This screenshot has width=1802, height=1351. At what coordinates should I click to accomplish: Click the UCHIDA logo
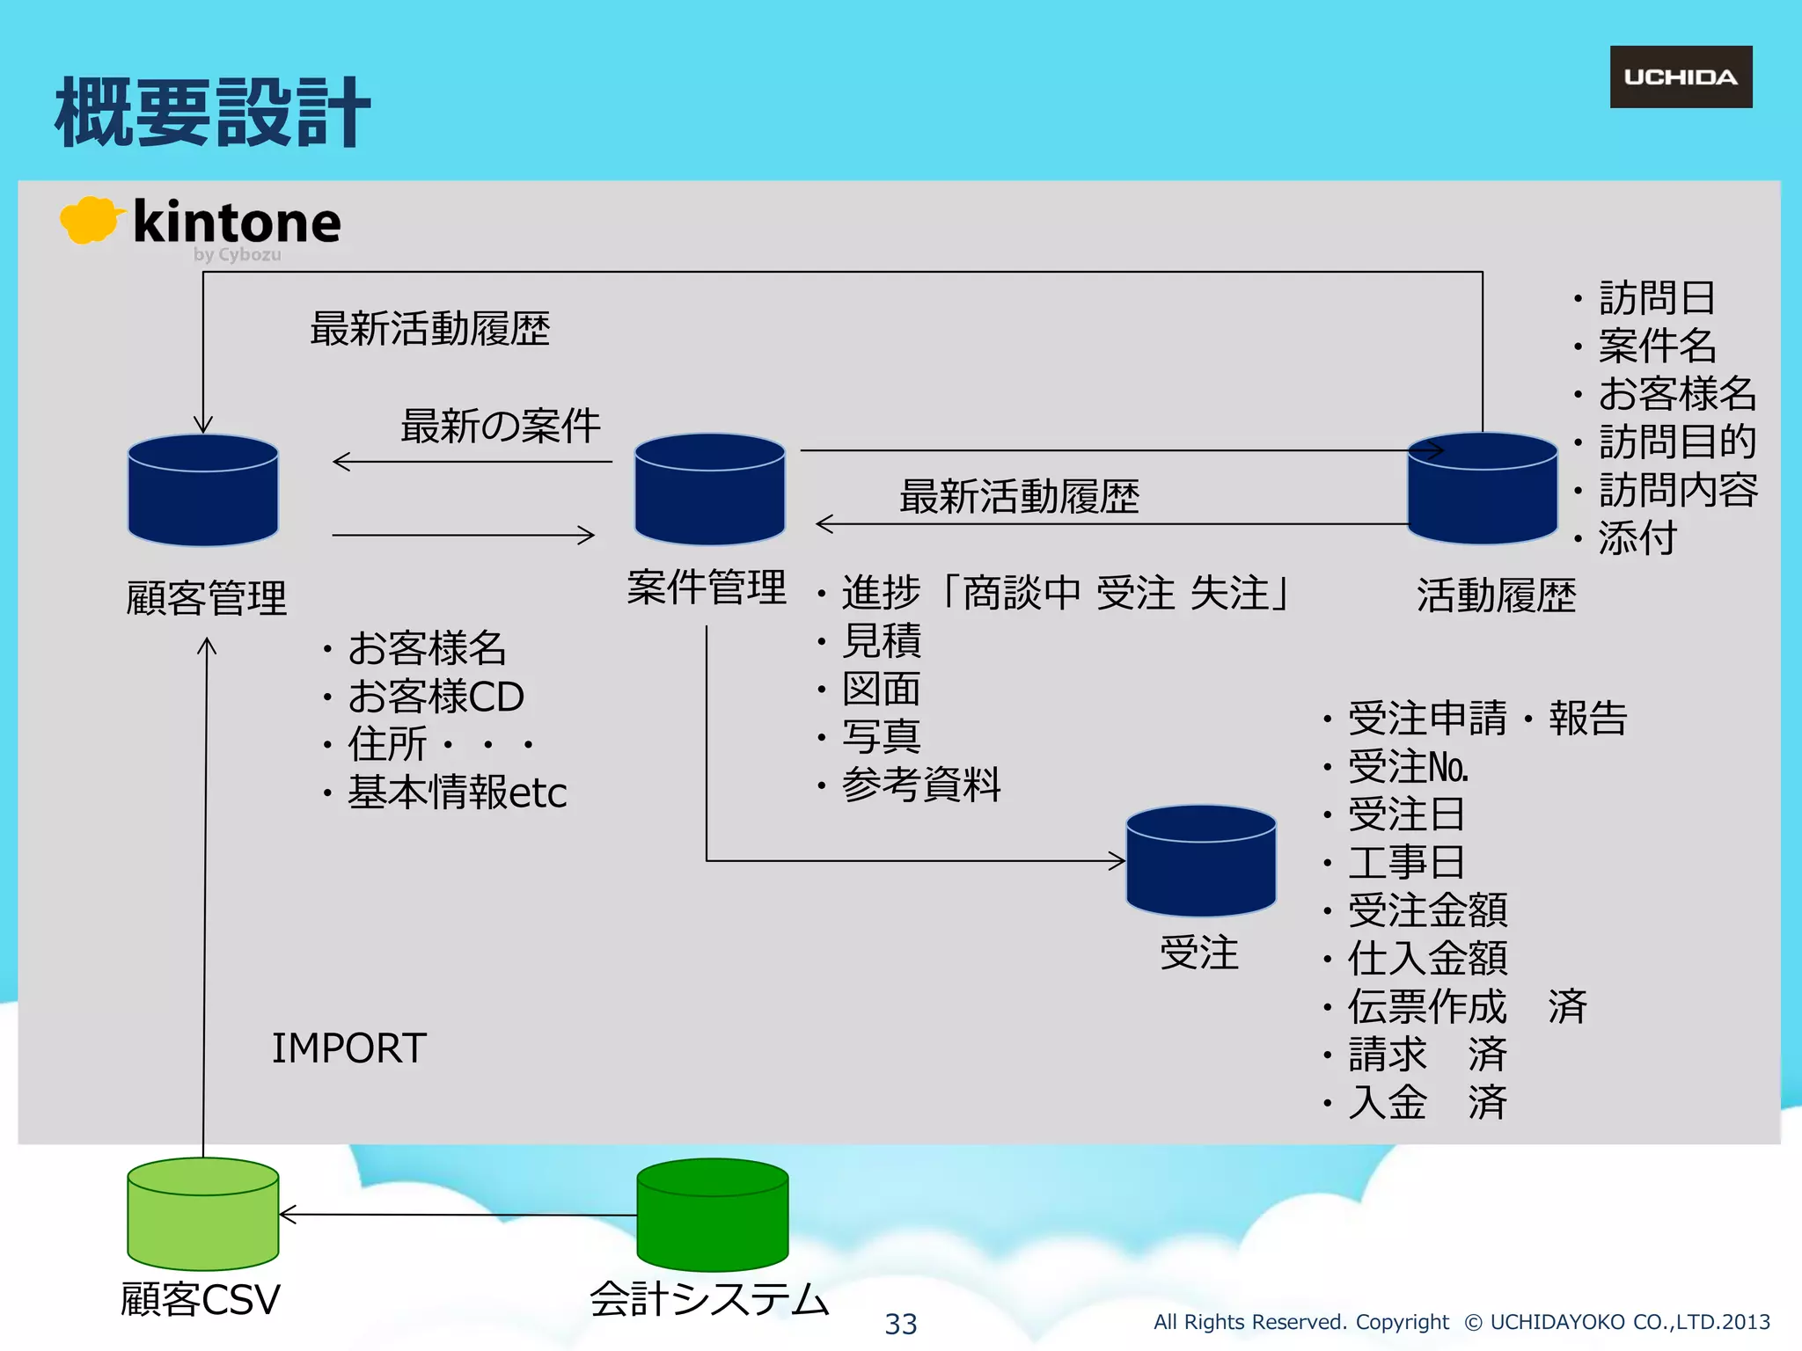(1681, 77)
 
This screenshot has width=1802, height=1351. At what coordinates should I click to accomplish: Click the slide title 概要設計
(211, 113)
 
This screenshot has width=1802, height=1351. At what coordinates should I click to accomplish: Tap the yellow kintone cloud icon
(88, 220)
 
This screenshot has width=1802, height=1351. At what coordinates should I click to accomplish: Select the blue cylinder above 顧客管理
(203, 491)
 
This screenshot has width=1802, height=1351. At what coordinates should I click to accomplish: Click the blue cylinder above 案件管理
(710, 490)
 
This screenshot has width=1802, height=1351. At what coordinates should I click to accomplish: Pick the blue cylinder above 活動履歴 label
(1483, 490)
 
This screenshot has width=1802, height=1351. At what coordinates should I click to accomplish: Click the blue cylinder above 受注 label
(1201, 862)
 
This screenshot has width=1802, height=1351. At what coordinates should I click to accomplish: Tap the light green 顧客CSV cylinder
(203, 1215)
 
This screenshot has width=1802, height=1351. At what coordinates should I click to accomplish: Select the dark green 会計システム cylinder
(712, 1216)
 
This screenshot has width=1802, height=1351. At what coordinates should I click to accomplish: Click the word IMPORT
(348, 1048)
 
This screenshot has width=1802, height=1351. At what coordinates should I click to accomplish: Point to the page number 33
(901, 1324)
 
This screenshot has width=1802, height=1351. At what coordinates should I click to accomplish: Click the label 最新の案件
(500, 427)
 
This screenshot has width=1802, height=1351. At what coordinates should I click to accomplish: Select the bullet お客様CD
(436, 697)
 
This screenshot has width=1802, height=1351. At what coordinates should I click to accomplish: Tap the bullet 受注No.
(1408, 767)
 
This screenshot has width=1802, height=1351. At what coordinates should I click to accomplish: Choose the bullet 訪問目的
(1677, 442)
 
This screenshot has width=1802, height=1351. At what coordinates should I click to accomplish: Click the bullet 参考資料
(920, 785)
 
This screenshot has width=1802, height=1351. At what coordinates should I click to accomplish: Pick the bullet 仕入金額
(1427, 959)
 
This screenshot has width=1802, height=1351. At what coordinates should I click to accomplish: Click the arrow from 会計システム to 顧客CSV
(458, 1215)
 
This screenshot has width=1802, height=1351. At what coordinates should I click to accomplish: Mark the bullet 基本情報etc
(456, 792)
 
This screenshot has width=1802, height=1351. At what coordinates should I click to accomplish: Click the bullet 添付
(1637, 538)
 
